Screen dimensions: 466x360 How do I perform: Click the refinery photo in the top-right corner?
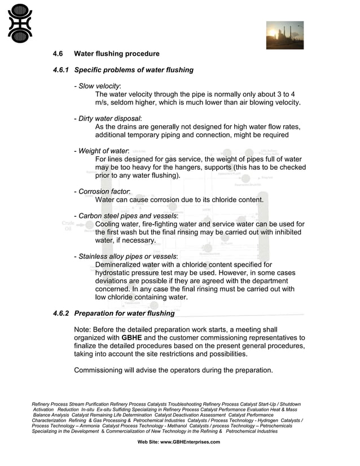tap(284, 36)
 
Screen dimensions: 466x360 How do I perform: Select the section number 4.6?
tap(58, 54)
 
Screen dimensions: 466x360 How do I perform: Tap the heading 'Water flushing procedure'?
tap(117, 54)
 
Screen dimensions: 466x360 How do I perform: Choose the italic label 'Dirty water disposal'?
tap(109, 118)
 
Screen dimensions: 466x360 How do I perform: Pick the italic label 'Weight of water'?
tap(103, 151)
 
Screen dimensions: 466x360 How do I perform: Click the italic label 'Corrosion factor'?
tap(104, 192)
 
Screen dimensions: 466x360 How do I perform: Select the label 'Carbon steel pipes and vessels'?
tap(128, 216)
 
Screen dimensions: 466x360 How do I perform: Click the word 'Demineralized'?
tap(119, 265)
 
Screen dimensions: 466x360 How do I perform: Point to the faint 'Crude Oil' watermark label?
tap(68, 226)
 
